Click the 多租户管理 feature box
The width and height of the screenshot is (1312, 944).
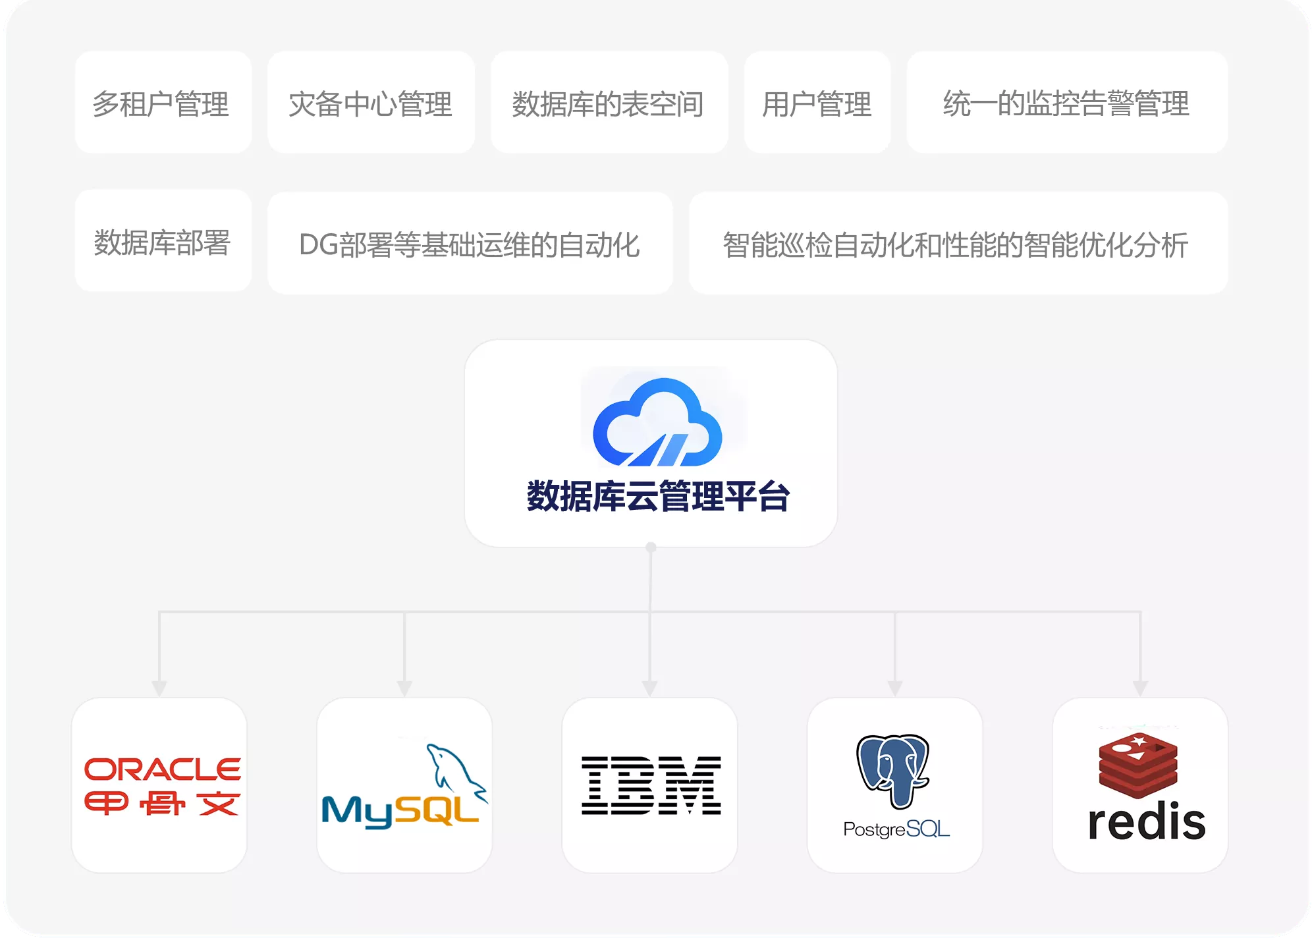tap(163, 103)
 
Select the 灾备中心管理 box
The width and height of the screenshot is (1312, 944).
tap(371, 103)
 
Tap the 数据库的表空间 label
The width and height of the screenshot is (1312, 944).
tap(608, 104)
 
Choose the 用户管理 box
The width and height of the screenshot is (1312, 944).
tap(817, 103)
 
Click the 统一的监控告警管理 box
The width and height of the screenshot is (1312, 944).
tap(1066, 103)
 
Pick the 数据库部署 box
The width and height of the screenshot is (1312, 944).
tap(163, 241)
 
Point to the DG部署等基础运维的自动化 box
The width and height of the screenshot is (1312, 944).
tap(470, 243)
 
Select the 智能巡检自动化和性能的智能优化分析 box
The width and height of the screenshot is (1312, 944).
tap(958, 243)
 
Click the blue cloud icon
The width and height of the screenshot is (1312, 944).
tap(657, 423)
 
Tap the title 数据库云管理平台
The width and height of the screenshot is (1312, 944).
tap(658, 496)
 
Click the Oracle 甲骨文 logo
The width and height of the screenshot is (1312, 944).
tap(162, 787)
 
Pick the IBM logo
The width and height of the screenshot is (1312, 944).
tap(651, 785)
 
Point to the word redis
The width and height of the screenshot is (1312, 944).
tap(1146, 821)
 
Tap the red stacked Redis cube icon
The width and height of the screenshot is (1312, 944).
tap(1137, 765)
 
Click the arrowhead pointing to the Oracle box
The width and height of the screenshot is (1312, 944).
tap(159, 688)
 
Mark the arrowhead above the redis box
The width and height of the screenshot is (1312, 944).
tap(1140, 688)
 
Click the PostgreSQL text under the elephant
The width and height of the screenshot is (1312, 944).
tap(896, 829)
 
